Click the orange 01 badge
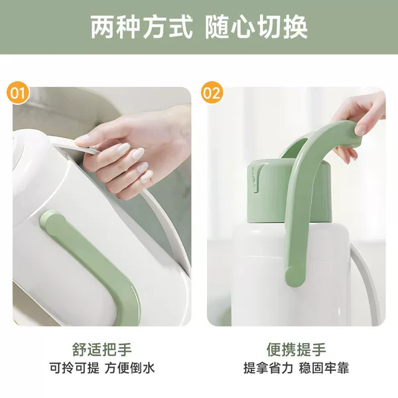(x=18, y=92)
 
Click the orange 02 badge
(x=212, y=92)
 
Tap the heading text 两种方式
(x=141, y=27)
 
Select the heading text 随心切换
(x=256, y=27)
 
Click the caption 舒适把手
(x=101, y=350)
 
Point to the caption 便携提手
(x=297, y=350)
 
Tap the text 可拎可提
(x=74, y=367)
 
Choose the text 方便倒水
(x=130, y=367)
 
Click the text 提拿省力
(x=268, y=367)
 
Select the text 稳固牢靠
(x=324, y=367)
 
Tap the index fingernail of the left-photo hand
(x=82, y=139)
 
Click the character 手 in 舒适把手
(x=125, y=350)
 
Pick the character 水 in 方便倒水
(x=149, y=367)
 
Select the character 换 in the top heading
(x=295, y=27)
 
